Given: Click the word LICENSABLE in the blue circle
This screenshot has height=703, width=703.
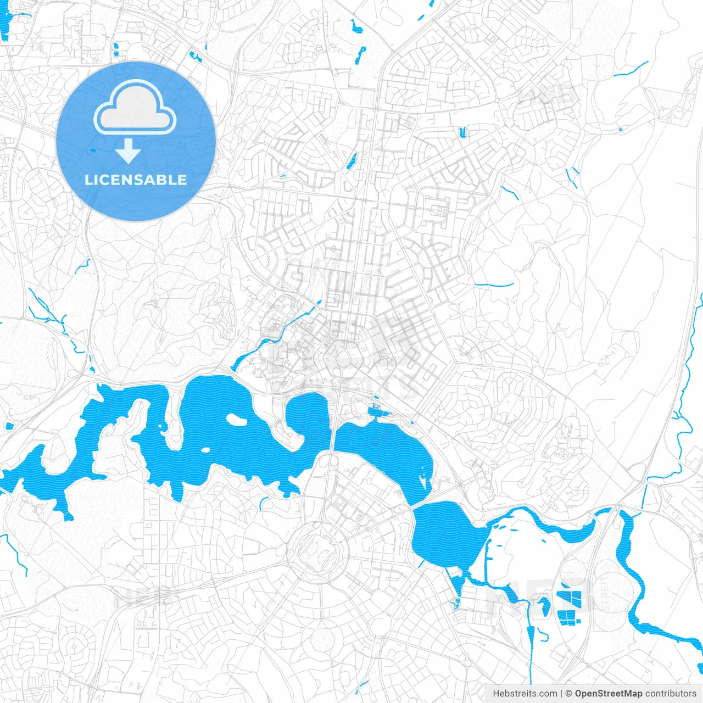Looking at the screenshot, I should coord(136,180).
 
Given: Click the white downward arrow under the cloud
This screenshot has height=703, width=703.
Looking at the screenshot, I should coord(128,152).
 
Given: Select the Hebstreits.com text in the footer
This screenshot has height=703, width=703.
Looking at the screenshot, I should coord(525,694).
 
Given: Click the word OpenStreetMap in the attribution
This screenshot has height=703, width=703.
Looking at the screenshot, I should coord(609,694).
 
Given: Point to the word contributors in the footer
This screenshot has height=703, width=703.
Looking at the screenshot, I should coord(671,694).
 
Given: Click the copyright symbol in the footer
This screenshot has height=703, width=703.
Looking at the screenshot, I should coord(569,694).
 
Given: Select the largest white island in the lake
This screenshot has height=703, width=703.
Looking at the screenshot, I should coord(237,420).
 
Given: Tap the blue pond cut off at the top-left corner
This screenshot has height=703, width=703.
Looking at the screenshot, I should coord(4,25).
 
